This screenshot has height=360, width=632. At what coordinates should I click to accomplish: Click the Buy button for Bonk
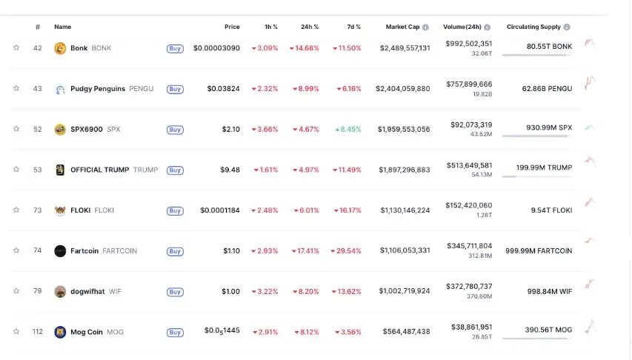click(x=175, y=48)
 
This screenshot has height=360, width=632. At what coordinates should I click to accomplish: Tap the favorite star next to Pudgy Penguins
click(x=16, y=89)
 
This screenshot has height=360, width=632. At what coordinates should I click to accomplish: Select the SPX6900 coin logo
click(x=60, y=130)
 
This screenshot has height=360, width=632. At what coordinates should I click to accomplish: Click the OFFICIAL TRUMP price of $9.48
click(x=230, y=170)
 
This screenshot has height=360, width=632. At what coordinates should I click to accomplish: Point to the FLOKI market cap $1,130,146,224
click(x=405, y=210)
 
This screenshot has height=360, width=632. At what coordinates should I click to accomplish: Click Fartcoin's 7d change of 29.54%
click(x=346, y=251)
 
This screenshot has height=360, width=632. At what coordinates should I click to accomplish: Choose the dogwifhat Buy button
click(x=175, y=292)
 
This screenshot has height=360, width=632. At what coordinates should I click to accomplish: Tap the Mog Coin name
click(x=87, y=332)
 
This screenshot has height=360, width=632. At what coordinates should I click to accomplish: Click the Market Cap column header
click(x=402, y=27)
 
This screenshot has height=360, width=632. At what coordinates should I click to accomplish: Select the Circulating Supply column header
click(x=533, y=27)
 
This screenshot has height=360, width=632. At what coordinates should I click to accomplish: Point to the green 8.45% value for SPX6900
click(x=348, y=130)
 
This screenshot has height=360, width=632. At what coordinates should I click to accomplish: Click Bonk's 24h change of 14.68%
click(x=305, y=48)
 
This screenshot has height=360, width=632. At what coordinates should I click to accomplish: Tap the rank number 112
click(x=37, y=332)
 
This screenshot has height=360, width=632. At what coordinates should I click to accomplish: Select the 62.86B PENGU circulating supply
click(x=547, y=89)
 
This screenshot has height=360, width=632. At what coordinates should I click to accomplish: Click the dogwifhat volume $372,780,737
click(x=470, y=287)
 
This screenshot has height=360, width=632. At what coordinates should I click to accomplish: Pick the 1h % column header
click(x=271, y=27)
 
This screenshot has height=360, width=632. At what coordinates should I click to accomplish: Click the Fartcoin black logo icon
click(x=60, y=251)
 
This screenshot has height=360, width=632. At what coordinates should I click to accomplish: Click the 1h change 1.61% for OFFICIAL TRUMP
click(x=265, y=170)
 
